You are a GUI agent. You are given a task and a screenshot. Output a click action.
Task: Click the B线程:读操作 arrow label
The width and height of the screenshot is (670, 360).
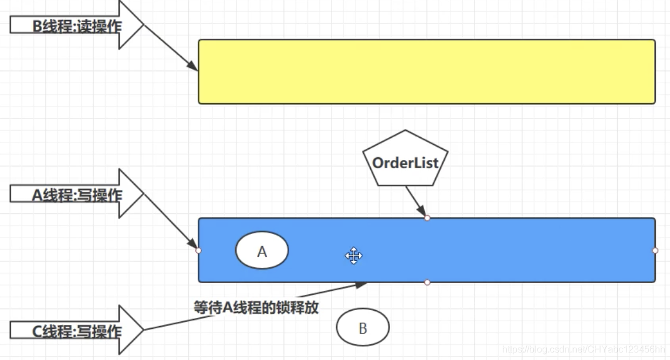[x=76, y=26]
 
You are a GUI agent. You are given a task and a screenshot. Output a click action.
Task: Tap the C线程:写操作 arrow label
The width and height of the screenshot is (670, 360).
[x=76, y=331]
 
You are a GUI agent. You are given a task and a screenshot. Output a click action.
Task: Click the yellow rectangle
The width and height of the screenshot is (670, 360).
[x=427, y=72]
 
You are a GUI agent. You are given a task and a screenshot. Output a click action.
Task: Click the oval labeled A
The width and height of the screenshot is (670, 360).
[x=262, y=251]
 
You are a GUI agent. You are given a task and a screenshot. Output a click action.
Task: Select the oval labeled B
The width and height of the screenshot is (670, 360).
[x=363, y=328]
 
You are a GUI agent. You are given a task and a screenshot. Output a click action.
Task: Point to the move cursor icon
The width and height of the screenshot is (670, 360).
[x=354, y=256]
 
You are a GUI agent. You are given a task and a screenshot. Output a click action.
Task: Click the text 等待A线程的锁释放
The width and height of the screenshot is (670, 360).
[x=256, y=307]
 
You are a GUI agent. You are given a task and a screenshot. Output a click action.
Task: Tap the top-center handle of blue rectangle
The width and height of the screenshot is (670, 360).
[x=427, y=218]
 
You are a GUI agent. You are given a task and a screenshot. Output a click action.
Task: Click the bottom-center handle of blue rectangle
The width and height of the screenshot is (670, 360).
[x=427, y=283]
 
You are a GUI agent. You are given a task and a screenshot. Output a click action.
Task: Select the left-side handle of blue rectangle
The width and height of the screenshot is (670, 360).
[x=198, y=250]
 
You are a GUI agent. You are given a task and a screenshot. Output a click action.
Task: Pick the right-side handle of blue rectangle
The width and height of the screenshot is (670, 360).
[x=655, y=250]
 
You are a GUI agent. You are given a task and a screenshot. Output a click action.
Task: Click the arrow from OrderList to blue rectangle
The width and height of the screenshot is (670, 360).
[x=416, y=201]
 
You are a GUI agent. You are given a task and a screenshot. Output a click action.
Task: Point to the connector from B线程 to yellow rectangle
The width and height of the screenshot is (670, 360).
[x=170, y=48]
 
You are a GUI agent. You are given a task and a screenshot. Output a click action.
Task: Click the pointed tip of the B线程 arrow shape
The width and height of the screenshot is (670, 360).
[x=143, y=25]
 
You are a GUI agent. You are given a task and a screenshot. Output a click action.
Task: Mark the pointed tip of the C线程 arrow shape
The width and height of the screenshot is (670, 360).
[x=143, y=330]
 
